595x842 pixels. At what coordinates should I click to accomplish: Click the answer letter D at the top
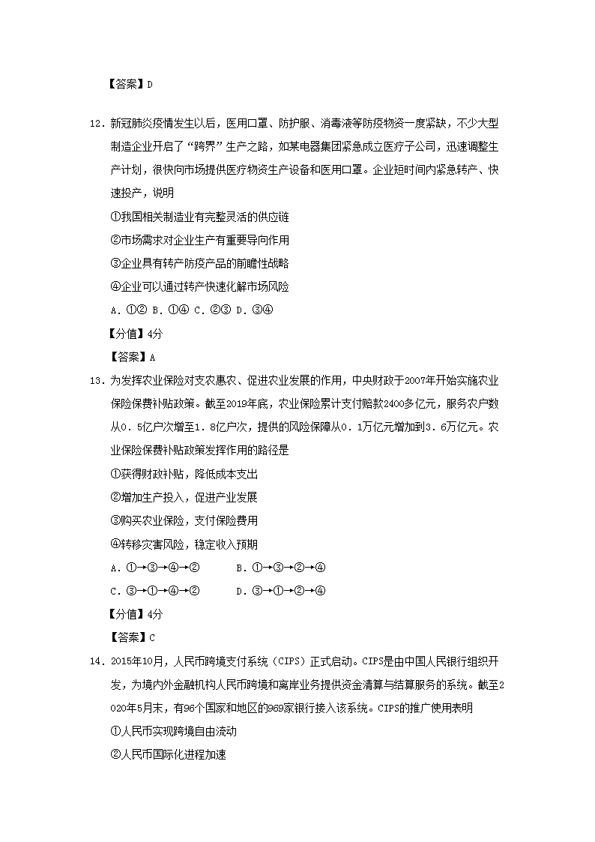click(x=150, y=84)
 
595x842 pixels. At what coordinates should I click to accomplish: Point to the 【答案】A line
click(x=131, y=357)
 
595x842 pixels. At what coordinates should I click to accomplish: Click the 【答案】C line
click(x=131, y=638)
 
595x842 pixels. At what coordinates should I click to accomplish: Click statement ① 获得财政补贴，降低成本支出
click(x=184, y=474)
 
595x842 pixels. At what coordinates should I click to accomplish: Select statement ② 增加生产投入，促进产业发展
click(x=184, y=497)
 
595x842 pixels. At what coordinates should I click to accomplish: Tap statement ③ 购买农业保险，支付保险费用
click(x=184, y=520)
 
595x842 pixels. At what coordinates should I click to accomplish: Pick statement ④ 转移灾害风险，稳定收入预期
click(x=184, y=544)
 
